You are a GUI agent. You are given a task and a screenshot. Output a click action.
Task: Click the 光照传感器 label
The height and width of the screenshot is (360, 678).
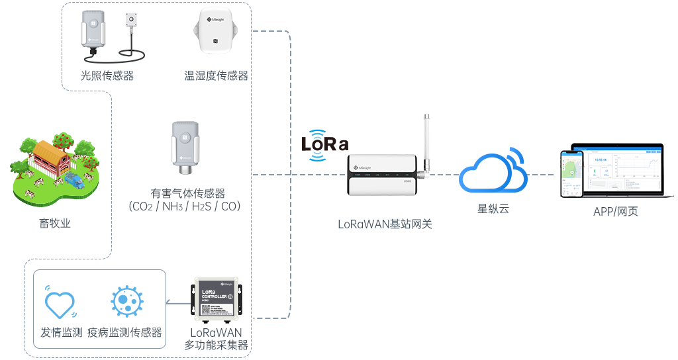click(107, 76)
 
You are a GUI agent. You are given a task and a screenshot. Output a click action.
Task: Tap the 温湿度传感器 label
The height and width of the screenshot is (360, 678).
click(216, 76)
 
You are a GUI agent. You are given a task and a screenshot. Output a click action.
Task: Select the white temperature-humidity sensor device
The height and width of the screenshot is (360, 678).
click(216, 31)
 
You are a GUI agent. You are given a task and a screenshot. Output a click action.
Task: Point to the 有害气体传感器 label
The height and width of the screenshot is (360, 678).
click(187, 194)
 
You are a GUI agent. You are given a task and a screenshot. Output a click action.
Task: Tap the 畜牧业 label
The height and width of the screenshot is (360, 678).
click(54, 224)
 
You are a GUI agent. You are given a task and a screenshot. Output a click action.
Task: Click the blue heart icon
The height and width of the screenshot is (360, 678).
click(60, 302)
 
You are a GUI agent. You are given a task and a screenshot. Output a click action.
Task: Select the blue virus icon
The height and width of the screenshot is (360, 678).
click(124, 302)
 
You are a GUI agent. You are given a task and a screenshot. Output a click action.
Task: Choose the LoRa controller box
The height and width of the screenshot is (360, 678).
click(216, 298)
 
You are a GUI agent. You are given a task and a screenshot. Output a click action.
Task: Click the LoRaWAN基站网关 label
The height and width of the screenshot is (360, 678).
click(385, 224)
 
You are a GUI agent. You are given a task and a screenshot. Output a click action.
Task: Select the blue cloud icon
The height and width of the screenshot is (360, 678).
click(493, 171)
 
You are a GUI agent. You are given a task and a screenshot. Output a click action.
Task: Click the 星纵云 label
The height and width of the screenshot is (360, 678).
click(493, 209)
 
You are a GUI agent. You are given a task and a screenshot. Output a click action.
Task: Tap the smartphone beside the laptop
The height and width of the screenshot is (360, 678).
click(571, 173)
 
